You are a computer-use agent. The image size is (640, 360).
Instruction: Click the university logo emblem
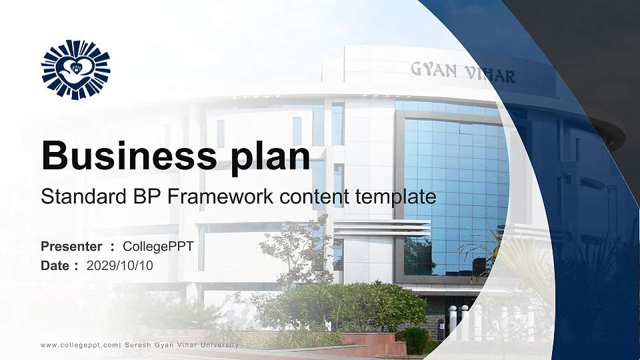click(x=75, y=69)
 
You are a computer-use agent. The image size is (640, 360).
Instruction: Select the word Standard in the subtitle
click(x=77, y=197)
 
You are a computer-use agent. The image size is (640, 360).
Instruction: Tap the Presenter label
click(x=71, y=247)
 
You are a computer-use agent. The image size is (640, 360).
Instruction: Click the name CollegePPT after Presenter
click(x=159, y=247)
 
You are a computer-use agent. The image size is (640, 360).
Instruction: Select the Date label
click(x=55, y=265)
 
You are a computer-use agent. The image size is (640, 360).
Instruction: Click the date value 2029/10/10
click(x=120, y=265)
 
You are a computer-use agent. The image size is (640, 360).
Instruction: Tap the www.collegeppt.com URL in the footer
click(x=79, y=345)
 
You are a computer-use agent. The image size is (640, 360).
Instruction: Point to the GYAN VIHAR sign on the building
click(x=463, y=71)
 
